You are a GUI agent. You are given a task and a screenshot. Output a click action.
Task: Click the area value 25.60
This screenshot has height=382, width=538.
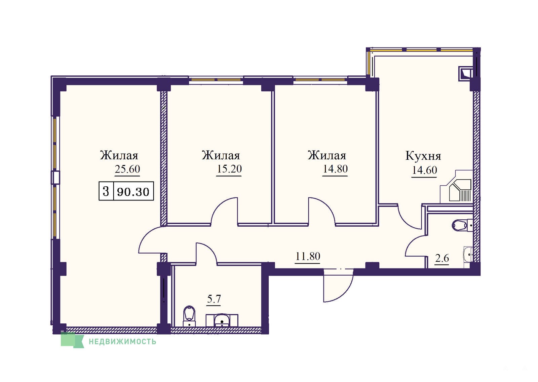[127, 169]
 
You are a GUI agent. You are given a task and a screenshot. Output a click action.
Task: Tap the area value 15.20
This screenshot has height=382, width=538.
[229, 169]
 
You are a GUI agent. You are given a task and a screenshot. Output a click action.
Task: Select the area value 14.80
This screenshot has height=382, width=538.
[335, 169]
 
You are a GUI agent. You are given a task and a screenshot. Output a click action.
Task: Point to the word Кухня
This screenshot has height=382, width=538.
[423, 156]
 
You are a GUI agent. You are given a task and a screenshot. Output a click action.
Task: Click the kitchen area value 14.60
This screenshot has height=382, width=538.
[424, 170]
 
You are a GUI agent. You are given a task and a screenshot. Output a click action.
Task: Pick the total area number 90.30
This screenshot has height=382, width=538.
[133, 192]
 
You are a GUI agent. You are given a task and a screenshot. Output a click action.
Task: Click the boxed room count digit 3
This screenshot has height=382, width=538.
[106, 191]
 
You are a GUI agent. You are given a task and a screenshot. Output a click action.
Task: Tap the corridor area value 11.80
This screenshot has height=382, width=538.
[308, 256]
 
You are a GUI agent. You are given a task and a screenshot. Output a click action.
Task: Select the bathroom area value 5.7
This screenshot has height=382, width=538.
[214, 299]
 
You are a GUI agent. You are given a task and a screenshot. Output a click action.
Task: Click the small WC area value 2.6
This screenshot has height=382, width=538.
[442, 258]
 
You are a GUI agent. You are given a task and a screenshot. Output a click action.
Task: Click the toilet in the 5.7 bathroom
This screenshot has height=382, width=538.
[189, 316]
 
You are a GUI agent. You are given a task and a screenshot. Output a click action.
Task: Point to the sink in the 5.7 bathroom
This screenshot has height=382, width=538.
[222, 320]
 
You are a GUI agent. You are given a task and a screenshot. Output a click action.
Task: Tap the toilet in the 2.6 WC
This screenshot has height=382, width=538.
[462, 225]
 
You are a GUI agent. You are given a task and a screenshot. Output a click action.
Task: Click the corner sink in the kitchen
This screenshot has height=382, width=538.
[460, 190]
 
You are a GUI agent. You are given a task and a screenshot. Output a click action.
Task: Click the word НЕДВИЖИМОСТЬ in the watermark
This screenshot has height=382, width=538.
[122, 342]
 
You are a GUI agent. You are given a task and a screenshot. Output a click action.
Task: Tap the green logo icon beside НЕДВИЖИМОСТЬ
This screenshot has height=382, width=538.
[72, 340]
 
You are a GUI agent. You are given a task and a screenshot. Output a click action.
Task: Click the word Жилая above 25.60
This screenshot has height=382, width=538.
[119, 155]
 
